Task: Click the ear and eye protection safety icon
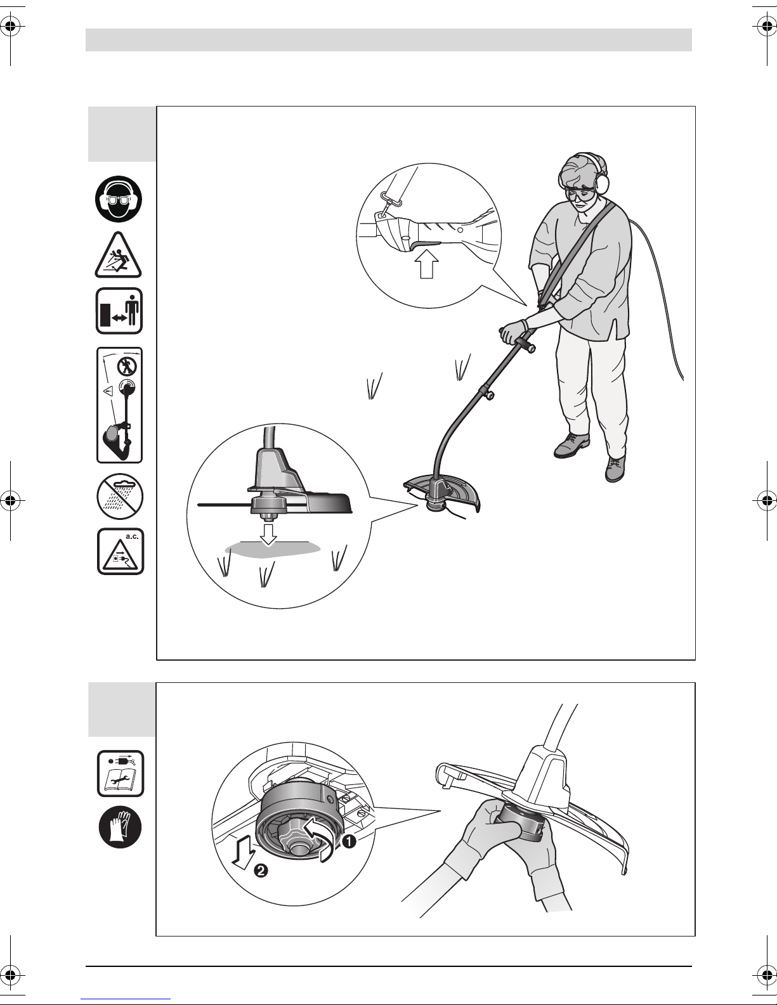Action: (119, 199)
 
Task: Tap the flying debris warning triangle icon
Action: (119, 256)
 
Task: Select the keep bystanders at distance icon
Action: (119, 311)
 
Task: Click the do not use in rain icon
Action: (120, 496)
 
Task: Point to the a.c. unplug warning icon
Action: (121, 551)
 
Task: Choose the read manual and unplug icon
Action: (121, 774)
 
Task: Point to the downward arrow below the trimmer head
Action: (268, 535)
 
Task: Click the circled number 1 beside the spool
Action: (349, 841)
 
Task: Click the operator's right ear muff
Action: (602, 179)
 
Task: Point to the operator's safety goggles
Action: (580, 195)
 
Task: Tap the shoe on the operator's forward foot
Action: (615, 468)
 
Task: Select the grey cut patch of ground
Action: (272, 549)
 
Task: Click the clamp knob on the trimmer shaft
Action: (490, 394)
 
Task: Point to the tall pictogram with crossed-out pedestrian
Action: (119, 405)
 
